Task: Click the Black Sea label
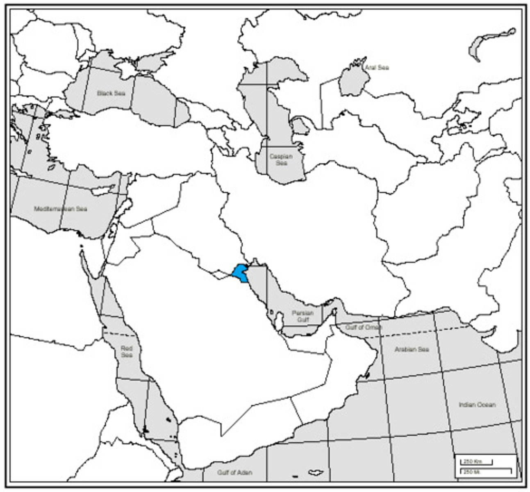pos(111,93)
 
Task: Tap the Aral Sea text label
pos(377,68)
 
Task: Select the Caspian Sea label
pos(281,159)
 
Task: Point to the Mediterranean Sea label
pos(61,209)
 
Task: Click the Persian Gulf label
pos(303,316)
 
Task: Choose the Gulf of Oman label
pos(363,328)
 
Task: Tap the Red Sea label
pos(127,352)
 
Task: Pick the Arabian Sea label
pos(412,349)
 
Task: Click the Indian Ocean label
pos(477,405)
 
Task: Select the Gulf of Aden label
pos(235,472)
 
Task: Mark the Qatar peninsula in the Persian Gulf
pos(280,319)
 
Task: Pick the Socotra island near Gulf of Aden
pos(314,471)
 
